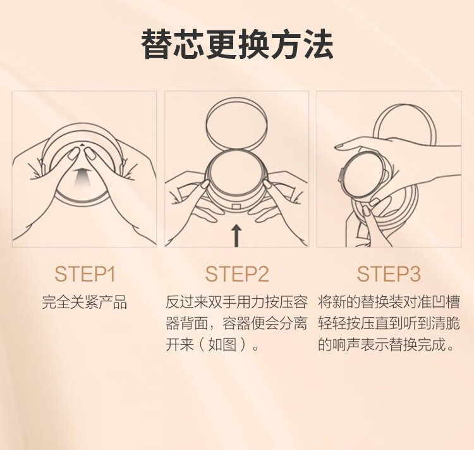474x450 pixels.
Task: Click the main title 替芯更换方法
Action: (237, 44)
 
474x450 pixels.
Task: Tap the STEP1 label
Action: (85, 274)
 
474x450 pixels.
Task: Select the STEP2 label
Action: (237, 274)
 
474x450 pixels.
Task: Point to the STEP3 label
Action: (389, 274)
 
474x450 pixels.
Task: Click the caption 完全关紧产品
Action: (84, 302)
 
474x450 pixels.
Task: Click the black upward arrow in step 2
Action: (237, 235)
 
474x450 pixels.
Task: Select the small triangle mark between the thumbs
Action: (83, 145)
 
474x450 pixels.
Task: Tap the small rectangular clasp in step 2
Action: (236, 207)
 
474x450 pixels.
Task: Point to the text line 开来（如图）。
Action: (212, 345)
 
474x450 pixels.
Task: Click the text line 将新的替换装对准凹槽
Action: (389, 302)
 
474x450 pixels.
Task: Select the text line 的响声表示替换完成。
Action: (386, 345)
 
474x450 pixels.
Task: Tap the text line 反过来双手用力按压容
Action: (237, 302)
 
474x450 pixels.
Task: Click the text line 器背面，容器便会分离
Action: (237, 323)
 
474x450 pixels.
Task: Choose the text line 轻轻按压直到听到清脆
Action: (389, 323)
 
